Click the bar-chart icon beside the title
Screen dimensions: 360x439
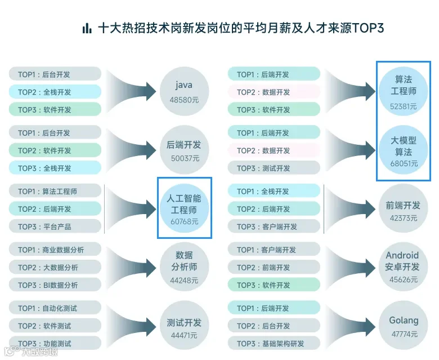pyautogui.click(x=87, y=28)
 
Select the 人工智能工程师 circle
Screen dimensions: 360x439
pyautogui.click(x=184, y=208)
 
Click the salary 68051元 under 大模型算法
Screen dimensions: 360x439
pyautogui.click(x=404, y=164)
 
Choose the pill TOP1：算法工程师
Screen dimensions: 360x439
pyautogui.click(x=55, y=192)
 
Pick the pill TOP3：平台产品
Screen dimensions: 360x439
pyautogui.click(x=55, y=226)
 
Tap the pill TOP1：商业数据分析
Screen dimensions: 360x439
pyautogui.click(x=55, y=250)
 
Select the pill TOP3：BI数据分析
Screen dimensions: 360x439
pyautogui.click(x=55, y=285)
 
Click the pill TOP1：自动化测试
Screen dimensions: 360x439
pyautogui.click(x=55, y=308)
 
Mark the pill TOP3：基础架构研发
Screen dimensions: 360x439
pyautogui.click(x=274, y=344)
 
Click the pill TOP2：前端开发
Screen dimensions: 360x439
pyautogui.click(x=274, y=268)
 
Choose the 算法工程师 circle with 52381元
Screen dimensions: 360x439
pyautogui.click(x=404, y=91)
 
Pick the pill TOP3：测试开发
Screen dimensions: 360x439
pyautogui.click(x=274, y=168)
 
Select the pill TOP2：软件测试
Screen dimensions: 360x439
pyautogui.click(x=55, y=326)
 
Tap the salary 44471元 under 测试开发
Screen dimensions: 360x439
pyautogui.click(x=184, y=335)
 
